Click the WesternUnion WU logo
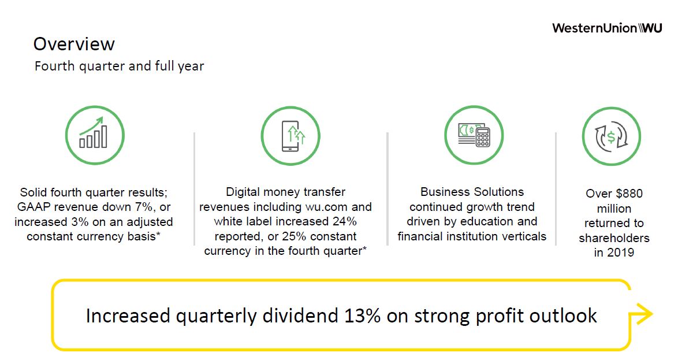607,28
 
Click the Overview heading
74,44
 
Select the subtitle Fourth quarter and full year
120,66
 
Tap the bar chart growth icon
95,135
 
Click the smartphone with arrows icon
290,136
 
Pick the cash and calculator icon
474,135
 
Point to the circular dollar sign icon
612,136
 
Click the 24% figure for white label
345,221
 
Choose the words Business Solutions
472,192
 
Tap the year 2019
620,253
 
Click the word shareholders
614,238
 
